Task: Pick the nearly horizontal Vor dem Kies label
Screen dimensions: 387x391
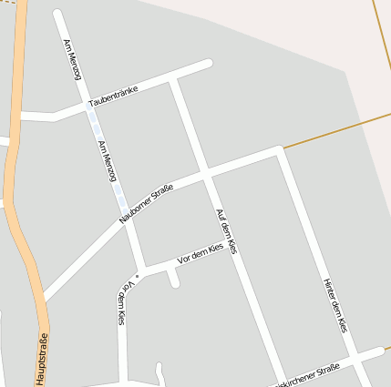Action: pos(200,254)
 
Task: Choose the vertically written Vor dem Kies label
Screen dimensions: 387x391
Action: pos(124,303)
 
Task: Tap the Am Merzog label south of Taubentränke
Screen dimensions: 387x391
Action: pos(107,162)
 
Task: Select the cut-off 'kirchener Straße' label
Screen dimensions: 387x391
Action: pos(308,375)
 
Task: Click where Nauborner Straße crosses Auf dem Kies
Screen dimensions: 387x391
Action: pos(206,174)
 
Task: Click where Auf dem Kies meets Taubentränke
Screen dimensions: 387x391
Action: pos(173,81)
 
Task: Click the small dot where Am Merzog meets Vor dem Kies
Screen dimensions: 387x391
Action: pos(138,274)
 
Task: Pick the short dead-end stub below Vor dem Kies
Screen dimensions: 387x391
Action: pos(173,277)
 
